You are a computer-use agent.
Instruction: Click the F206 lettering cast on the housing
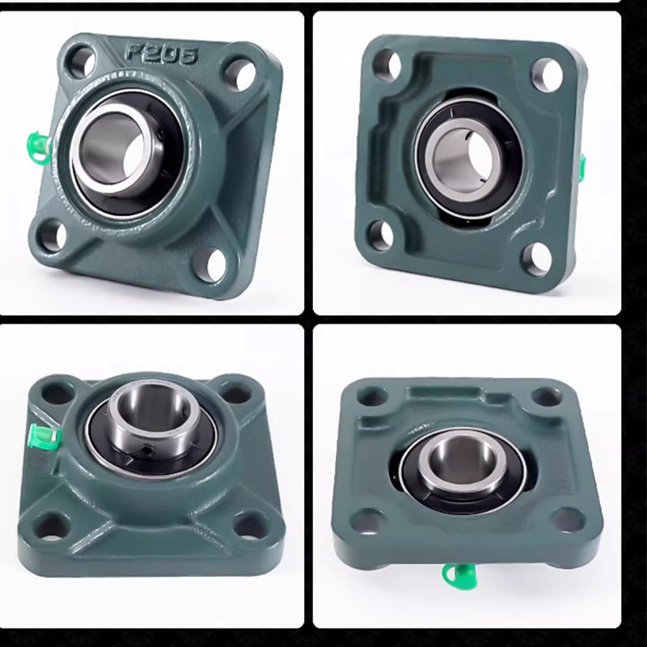pyautogui.click(x=162, y=53)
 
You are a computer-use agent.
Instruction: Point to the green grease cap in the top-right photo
pyautogui.click(x=581, y=167)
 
